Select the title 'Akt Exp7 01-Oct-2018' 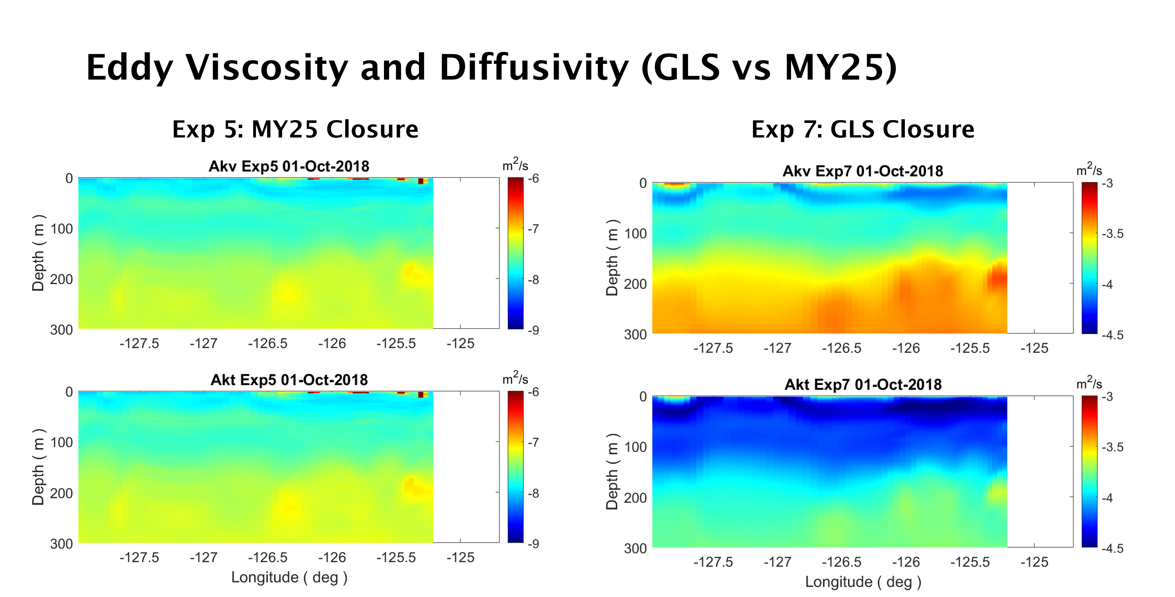click(x=863, y=384)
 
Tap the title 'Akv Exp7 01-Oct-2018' click(x=863, y=171)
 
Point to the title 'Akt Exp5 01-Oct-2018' click(x=289, y=380)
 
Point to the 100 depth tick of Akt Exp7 click(x=635, y=447)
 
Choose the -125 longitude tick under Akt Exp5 click(x=460, y=557)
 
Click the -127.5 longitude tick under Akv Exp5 click(x=139, y=343)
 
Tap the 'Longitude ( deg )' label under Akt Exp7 click(x=863, y=582)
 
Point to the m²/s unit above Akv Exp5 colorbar click(x=515, y=165)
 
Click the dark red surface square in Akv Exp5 click(x=420, y=181)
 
